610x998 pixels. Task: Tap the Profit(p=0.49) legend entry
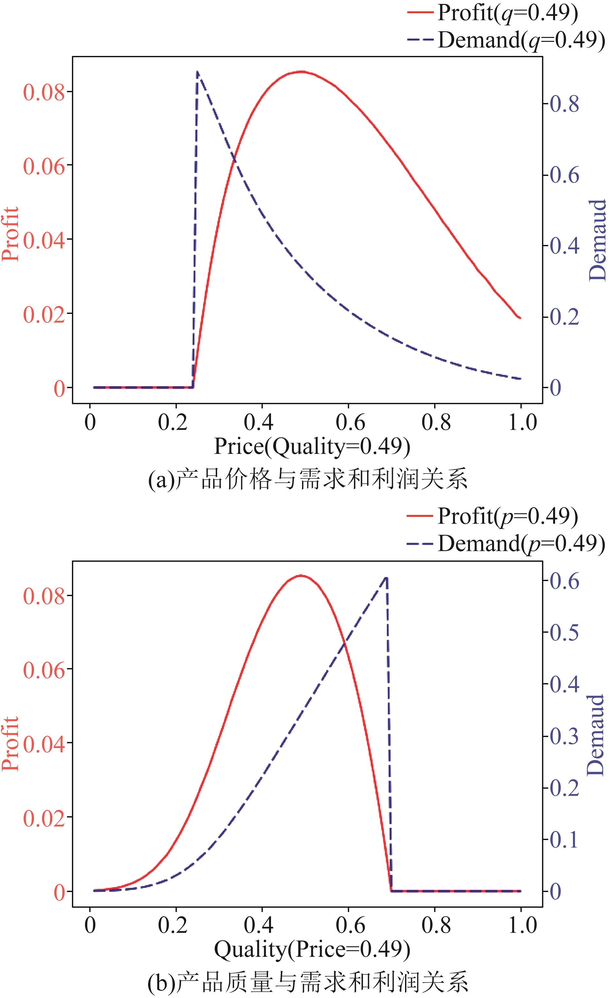coord(492,516)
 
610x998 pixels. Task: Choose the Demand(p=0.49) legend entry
coord(505,543)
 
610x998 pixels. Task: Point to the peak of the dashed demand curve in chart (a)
coord(197,72)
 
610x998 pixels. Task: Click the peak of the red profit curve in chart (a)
coord(300,71)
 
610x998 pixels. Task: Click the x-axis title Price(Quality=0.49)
coord(312,447)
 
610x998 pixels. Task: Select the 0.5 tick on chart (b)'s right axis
coord(564,633)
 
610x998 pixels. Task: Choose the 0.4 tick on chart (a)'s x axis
coord(259,422)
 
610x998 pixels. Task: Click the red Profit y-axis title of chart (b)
coord(11,744)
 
